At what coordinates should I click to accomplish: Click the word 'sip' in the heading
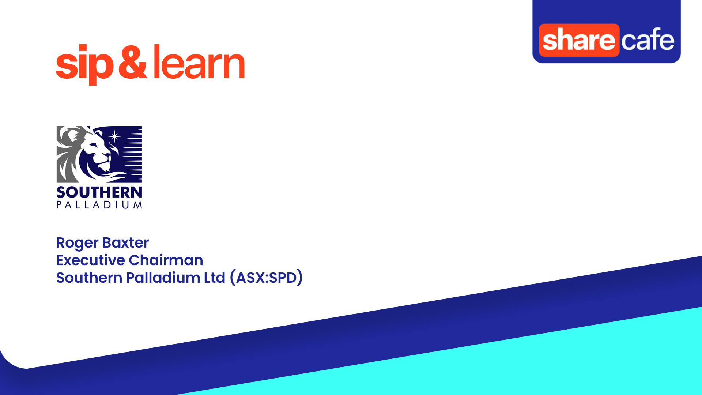[x=84, y=64]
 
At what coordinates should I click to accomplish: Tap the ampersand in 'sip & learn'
[x=132, y=62]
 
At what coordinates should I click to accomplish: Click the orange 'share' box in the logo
[x=579, y=40]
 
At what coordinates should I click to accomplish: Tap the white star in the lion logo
[x=115, y=136]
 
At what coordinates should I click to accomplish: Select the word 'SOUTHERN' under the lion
[x=99, y=192]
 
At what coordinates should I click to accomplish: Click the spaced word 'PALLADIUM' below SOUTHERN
[x=99, y=205]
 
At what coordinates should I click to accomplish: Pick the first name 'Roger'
[x=77, y=243]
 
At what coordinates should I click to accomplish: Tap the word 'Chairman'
[x=166, y=260]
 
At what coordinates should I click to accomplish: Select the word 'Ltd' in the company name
[x=214, y=278]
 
